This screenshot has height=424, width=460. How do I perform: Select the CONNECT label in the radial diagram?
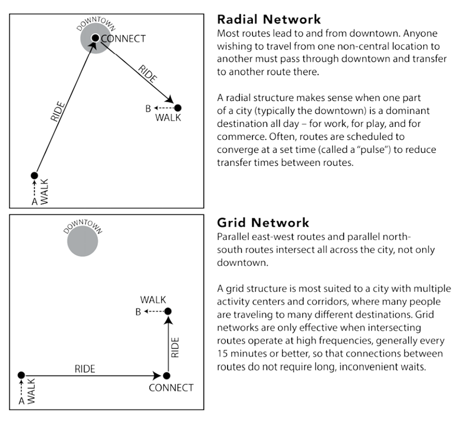(x=123, y=39)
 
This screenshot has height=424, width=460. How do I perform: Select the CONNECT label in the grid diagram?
(x=171, y=388)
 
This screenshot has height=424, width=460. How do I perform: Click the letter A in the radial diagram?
(x=34, y=201)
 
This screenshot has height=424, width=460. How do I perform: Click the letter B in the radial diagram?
(x=148, y=108)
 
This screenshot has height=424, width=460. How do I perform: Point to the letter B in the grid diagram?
(x=138, y=311)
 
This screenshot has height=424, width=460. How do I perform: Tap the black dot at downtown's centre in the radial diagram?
(x=94, y=39)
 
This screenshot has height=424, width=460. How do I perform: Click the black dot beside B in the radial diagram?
(x=178, y=108)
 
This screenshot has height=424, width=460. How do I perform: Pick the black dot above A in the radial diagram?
(x=34, y=175)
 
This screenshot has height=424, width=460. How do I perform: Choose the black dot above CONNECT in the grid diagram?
(x=167, y=375)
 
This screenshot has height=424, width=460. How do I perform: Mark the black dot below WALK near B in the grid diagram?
(x=168, y=311)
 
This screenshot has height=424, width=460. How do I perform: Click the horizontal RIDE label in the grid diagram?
(x=85, y=368)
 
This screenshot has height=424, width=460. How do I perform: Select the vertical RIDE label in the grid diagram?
(x=175, y=347)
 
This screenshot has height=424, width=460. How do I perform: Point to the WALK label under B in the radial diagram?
(x=167, y=118)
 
